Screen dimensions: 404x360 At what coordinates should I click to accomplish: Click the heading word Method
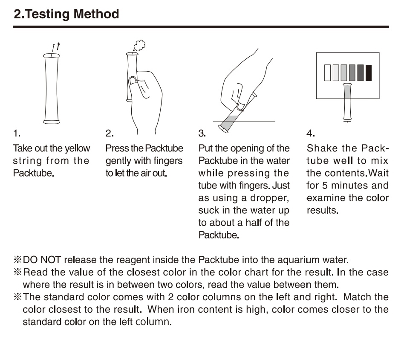96,14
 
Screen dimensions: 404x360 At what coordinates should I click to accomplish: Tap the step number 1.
17,134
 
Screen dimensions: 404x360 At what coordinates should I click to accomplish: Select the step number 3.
202,134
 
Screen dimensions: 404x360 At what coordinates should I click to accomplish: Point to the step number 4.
311,134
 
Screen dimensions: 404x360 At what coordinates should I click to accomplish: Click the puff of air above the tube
139,45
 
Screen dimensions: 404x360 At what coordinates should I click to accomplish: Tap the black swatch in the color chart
369,73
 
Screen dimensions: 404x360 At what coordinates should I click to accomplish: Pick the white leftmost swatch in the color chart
327,73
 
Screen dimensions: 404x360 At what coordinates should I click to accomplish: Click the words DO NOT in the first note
42,260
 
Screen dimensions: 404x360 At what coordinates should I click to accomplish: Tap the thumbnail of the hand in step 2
133,81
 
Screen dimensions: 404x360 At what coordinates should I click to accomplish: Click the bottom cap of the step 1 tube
52,122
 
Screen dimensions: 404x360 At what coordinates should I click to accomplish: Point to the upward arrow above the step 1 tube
58,46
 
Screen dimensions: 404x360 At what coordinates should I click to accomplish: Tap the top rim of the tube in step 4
347,84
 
